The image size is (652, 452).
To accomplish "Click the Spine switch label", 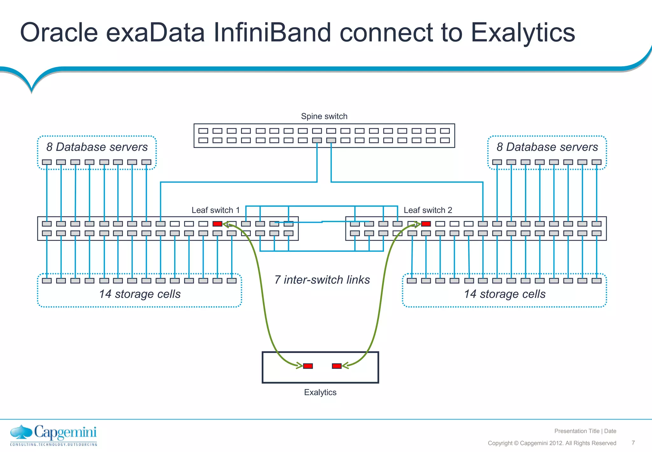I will (324, 116).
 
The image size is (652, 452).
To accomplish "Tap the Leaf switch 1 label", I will (216, 210).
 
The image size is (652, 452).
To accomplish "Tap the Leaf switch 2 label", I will (428, 210).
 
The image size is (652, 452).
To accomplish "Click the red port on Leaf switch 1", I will (217, 224).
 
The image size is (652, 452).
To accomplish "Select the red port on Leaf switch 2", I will (426, 224).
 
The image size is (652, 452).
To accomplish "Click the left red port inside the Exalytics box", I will (308, 366).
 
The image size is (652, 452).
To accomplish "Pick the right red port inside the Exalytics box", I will (337, 366).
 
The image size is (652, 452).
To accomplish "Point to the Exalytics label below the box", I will (320, 392).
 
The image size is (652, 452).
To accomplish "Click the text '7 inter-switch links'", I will (322, 280).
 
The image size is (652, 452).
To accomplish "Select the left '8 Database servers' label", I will (97, 147).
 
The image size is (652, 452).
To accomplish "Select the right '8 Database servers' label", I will (547, 147).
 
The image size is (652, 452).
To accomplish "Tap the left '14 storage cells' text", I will (139, 294).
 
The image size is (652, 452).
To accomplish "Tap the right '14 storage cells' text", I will (505, 294).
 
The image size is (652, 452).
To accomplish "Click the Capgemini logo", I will (53, 435).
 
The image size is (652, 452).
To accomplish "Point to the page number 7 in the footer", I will (633, 443).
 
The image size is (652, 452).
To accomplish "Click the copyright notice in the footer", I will (552, 443).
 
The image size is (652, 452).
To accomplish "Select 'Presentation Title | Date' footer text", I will (585, 431).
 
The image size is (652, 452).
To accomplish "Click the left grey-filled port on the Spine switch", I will (317, 140).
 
